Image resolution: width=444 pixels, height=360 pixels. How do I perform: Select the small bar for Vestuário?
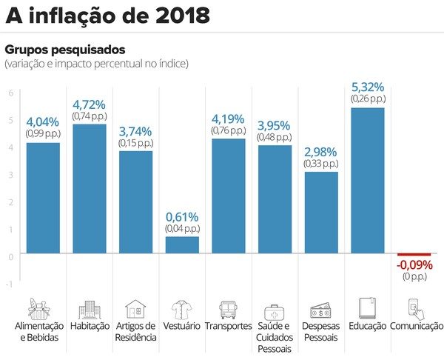(181, 245)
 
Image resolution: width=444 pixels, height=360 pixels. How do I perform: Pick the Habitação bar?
(89, 189)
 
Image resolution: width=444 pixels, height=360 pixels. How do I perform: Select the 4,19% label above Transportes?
(228, 119)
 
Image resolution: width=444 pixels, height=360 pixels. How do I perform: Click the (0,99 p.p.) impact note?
(42, 134)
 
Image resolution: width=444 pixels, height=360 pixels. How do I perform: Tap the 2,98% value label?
(320, 152)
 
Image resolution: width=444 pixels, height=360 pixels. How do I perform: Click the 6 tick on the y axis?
(10, 93)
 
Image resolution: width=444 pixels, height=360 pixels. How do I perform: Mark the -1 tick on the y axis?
(9, 284)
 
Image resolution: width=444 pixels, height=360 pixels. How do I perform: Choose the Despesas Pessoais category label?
(320, 331)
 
